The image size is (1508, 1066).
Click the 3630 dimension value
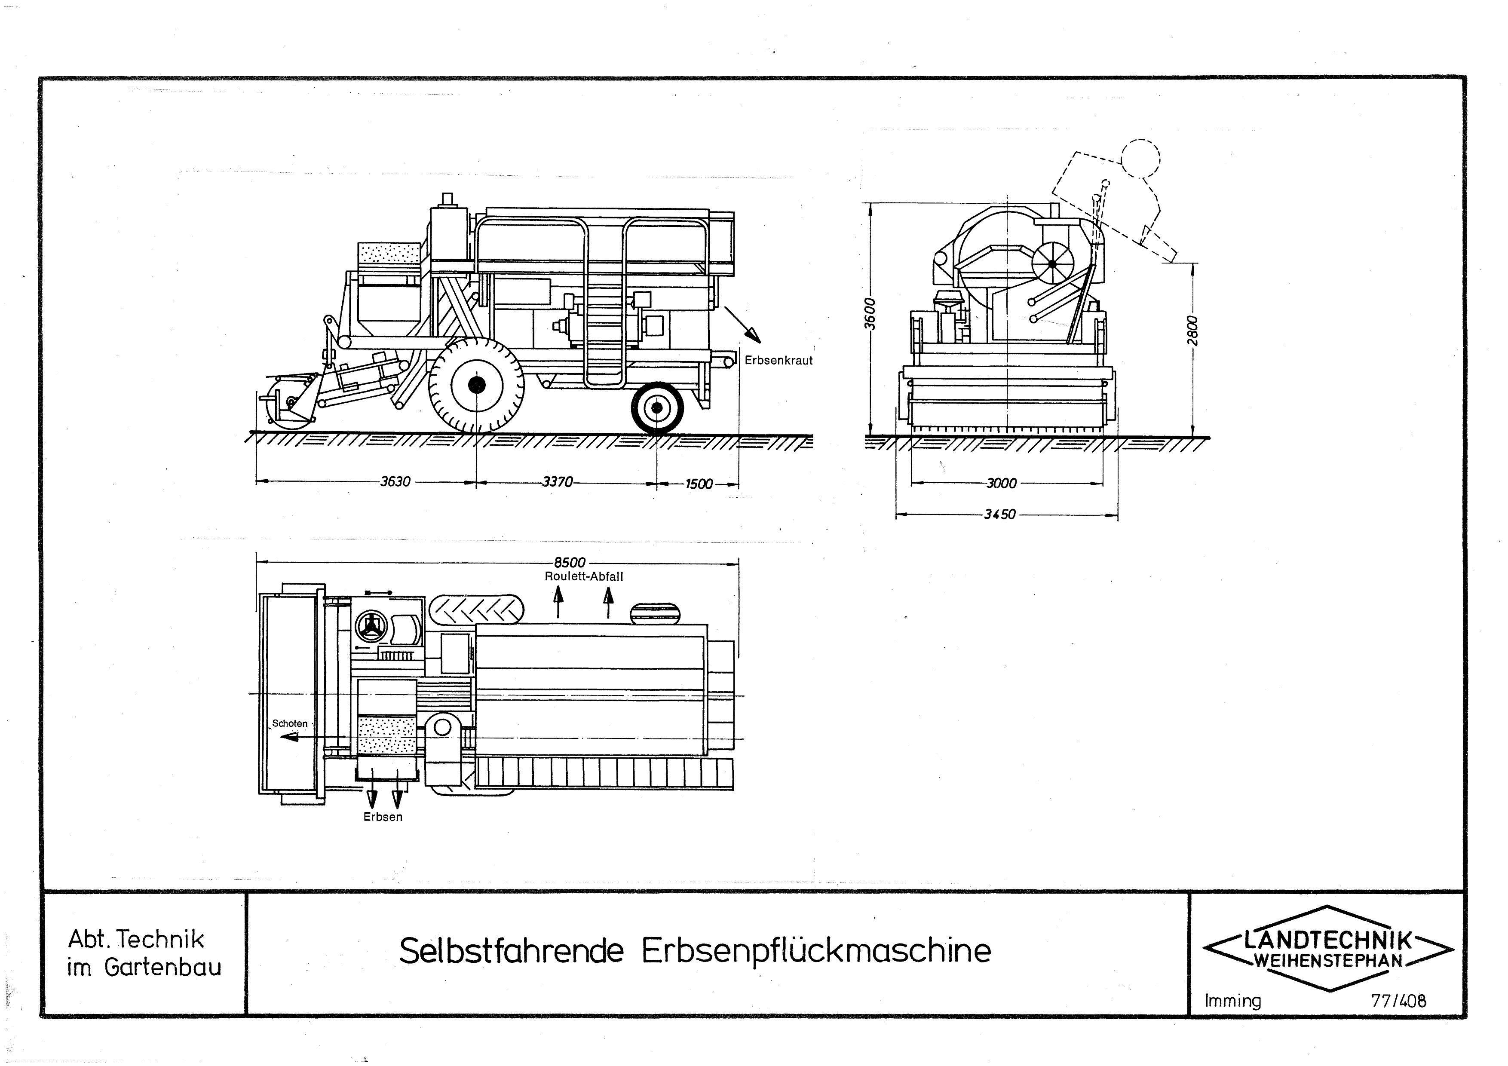[x=395, y=481]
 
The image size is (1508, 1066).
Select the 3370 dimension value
[x=558, y=481]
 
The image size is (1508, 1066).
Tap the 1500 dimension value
[x=699, y=484]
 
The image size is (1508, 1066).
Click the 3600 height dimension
[x=870, y=314]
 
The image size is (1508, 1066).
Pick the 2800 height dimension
[x=1193, y=331]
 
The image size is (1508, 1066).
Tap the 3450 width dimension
[x=999, y=514]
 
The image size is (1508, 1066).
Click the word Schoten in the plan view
[x=290, y=723]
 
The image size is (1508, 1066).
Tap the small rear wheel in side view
[x=657, y=408]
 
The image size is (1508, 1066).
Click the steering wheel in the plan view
[x=371, y=627]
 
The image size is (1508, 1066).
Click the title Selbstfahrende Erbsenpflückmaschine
[x=695, y=951]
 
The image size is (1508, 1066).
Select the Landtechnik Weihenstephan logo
[x=1328, y=948]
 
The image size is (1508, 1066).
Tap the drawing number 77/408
[x=1399, y=1001]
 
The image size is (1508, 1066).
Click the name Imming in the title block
[x=1233, y=1002]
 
